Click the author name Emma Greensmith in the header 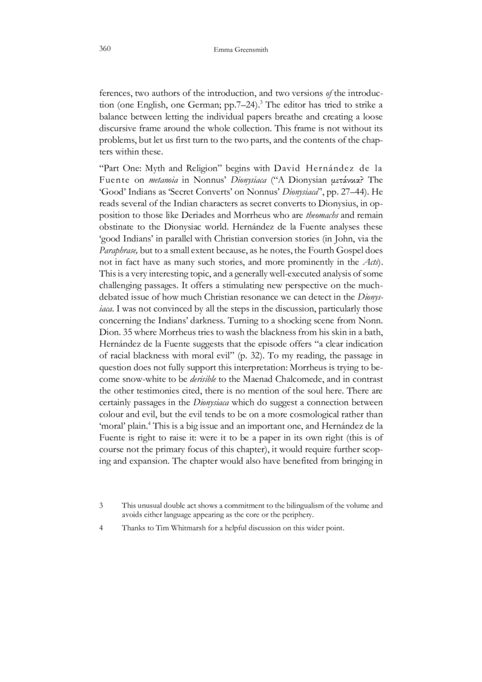tap(240, 50)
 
